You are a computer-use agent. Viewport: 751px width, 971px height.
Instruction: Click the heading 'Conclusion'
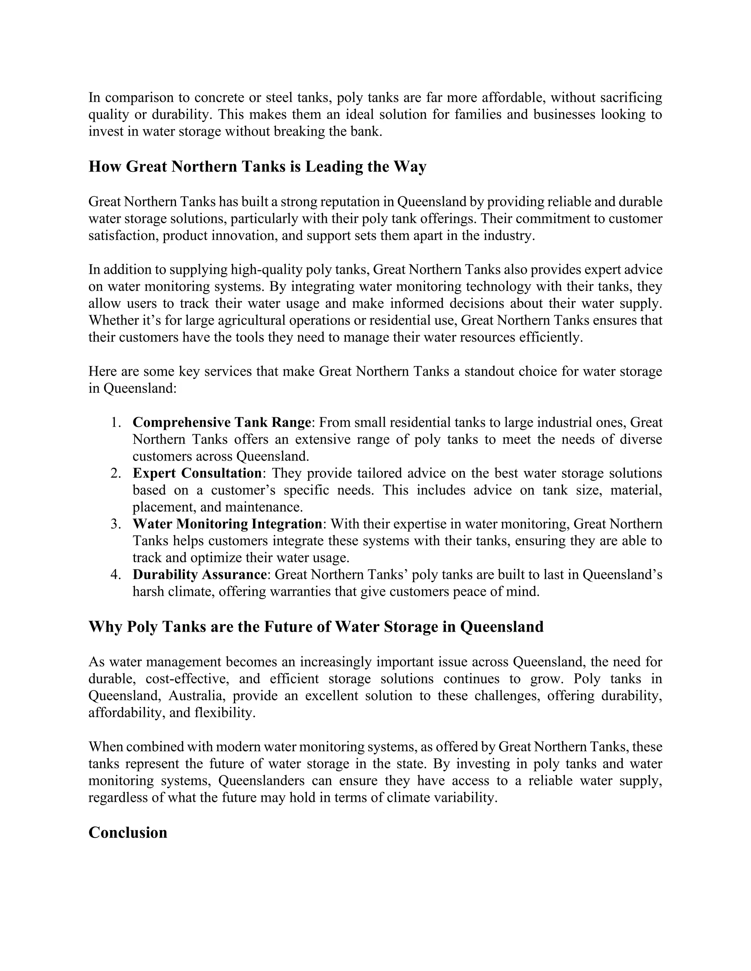click(x=128, y=832)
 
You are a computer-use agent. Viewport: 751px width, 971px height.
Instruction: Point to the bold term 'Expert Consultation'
click(x=197, y=473)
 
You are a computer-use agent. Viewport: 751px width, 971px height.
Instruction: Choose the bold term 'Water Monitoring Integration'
click(x=227, y=524)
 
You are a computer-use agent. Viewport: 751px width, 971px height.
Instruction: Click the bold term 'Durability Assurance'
click(x=199, y=575)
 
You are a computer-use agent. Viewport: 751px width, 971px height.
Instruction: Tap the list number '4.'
click(x=116, y=575)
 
